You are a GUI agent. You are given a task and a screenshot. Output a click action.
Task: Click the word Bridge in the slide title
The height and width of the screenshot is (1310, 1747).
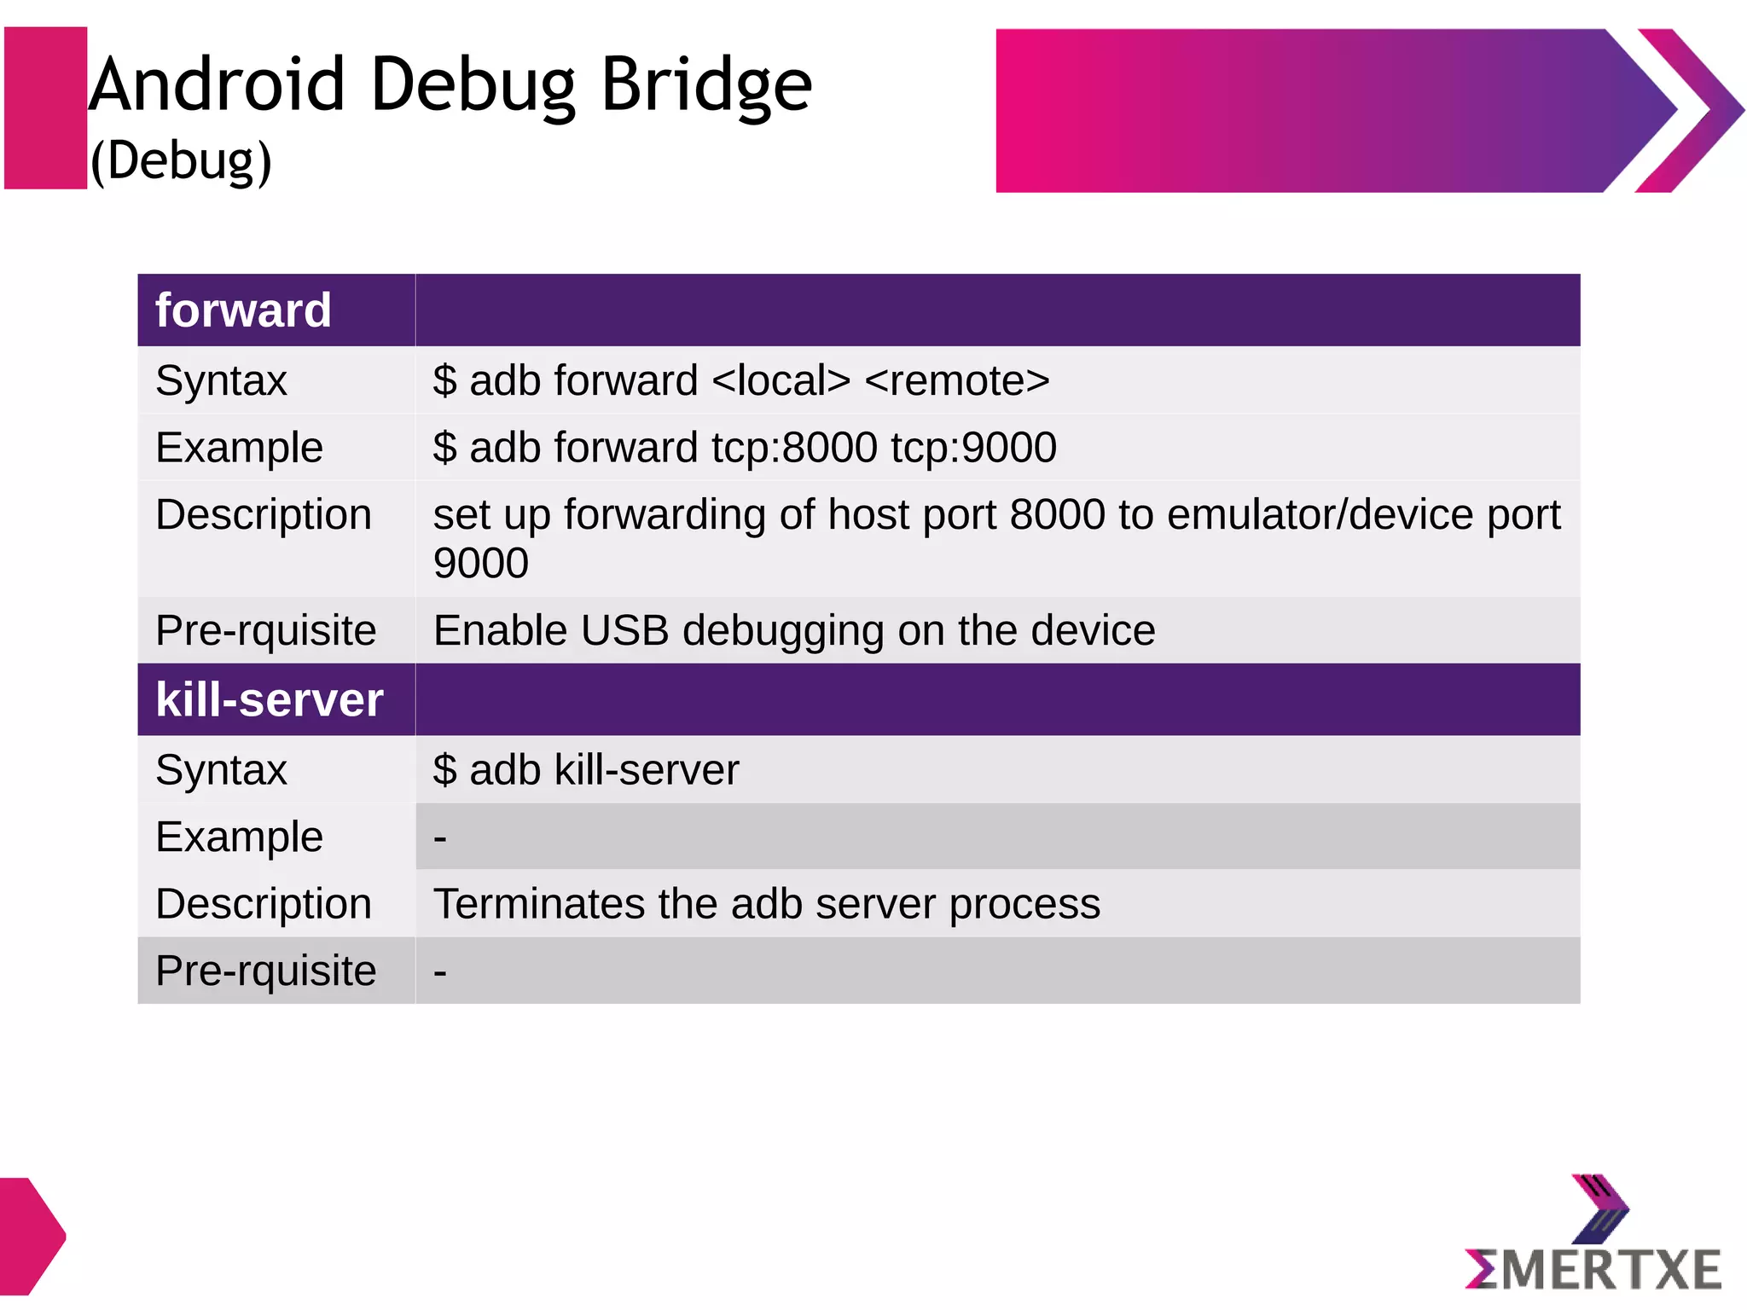click(x=706, y=86)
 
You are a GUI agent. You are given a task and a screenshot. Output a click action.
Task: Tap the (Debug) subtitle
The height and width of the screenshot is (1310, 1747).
click(x=181, y=160)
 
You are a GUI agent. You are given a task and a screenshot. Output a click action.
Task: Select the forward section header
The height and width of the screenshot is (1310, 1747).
click(x=243, y=310)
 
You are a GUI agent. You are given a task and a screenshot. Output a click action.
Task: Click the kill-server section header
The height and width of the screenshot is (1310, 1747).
click(x=270, y=700)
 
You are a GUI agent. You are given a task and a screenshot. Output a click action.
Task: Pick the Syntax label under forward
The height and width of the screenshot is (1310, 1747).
click(x=221, y=380)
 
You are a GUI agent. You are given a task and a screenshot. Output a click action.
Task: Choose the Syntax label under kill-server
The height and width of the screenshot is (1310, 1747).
click(x=221, y=770)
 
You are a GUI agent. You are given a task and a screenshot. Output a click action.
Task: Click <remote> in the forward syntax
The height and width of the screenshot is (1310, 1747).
click(x=957, y=380)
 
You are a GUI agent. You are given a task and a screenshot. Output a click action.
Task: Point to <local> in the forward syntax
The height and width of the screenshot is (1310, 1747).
click(x=781, y=380)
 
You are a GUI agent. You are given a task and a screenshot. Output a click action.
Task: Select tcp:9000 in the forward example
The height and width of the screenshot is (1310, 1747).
click(x=973, y=448)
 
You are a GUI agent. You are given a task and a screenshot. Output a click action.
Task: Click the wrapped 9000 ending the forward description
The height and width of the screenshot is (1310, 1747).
click(x=480, y=564)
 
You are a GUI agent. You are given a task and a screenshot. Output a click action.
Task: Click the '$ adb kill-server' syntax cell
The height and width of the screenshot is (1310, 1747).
click(x=586, y=770)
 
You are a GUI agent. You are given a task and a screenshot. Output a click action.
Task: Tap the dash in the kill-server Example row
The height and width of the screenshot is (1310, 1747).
click(x=440, y=838)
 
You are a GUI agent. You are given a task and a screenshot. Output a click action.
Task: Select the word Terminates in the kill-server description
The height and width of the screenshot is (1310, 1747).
click(x=539, y=904)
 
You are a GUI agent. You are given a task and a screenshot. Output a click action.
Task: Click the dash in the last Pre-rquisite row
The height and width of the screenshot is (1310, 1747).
click(x=440, y=972)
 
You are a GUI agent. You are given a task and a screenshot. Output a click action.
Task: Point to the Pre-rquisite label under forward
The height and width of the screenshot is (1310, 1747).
click(x=265, y=631)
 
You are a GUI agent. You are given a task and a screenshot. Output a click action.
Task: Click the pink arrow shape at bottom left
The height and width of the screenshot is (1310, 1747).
click(x=30, y=1236)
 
